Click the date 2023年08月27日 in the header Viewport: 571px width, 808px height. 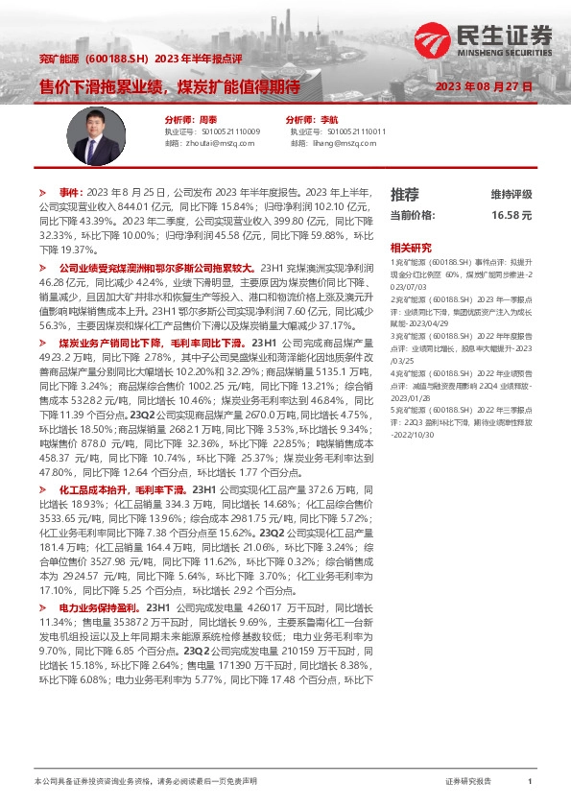[x=483, y=87]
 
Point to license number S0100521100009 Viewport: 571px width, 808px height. [x=230, y=131]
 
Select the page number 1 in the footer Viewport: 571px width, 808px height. [x=530, y=782]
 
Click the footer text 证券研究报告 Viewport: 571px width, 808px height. [x=469, y=782]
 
